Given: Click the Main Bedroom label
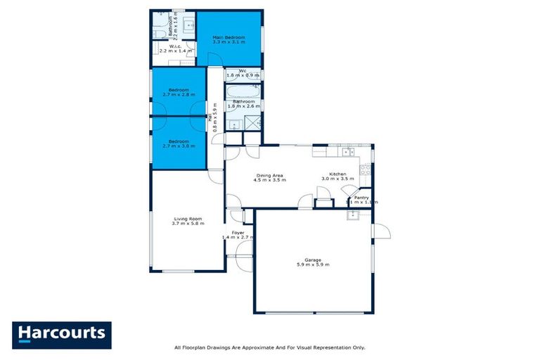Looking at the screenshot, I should (x=229, y=37).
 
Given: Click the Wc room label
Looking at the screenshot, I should (x=243, y=70).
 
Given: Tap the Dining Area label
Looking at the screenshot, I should (x=269, y=175).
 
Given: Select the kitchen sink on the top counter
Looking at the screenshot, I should (x=346, y=151).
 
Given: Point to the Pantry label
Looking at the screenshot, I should (x=361, y=198).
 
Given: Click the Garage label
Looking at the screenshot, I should (x=313, y=259).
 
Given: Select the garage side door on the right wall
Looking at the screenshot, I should (x=380, y=231).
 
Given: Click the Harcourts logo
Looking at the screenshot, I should (x=61, y=333).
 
